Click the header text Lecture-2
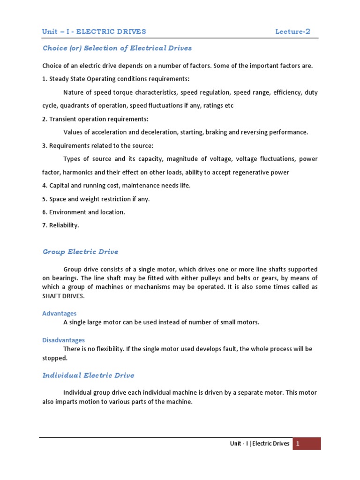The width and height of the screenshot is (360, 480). [292, 32]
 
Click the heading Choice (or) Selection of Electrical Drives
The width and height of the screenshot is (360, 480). [117, 48]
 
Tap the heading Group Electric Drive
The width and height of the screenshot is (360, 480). [80, 252]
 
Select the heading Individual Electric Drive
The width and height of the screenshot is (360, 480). [88, 375]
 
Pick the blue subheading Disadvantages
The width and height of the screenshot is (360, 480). [63, 340]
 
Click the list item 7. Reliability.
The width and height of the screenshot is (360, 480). [60, 225]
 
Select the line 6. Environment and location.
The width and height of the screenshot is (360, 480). [83, 212]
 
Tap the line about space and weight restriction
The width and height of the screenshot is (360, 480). [96, 199]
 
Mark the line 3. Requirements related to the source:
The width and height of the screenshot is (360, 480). [97, 146]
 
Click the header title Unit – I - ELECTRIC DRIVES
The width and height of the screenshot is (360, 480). [94, 32]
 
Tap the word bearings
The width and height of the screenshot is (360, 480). [65, 278]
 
